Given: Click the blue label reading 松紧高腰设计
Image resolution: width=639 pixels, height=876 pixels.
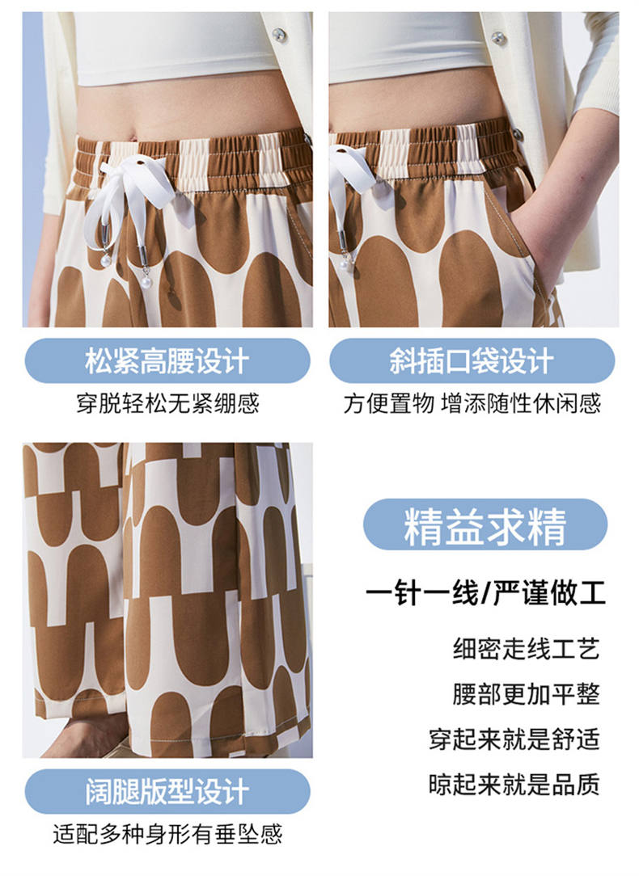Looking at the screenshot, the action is pos(167,361).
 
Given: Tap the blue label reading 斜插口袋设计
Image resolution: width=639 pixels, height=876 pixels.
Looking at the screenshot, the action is pos(472,361).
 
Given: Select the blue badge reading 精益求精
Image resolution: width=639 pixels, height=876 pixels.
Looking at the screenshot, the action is pos(485,524).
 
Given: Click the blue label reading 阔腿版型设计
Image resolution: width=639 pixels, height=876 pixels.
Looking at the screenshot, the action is pos(167,792).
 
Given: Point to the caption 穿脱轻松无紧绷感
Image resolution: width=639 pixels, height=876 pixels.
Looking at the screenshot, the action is pos(167,403).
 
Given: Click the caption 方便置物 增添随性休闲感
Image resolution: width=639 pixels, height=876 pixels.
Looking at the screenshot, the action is pos(472,403).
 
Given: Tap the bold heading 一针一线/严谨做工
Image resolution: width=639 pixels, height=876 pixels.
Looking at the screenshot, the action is pos(486,593).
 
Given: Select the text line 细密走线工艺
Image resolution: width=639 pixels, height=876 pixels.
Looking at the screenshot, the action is pos(526,649).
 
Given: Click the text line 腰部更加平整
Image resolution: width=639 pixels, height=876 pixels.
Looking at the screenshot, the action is pos(526,694).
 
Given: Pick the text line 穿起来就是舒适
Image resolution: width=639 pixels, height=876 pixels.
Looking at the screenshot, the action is pos(514,739).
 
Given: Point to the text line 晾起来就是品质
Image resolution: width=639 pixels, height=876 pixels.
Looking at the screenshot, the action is pos(514,785).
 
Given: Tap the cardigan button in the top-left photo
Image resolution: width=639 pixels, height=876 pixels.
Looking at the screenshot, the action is pos(279,36).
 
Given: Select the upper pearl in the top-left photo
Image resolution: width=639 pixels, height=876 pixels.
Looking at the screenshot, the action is pos(106,261).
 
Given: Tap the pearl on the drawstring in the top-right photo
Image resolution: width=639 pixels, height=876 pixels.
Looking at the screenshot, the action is pos(347,261).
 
